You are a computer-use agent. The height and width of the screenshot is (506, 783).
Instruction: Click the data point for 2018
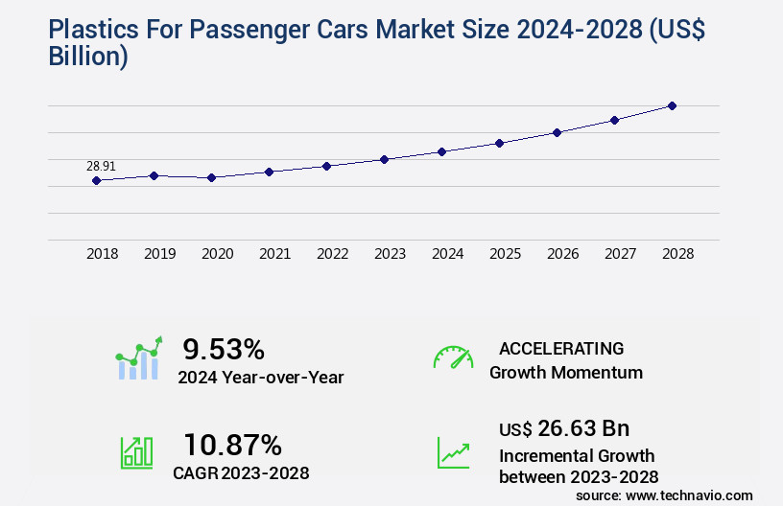[x=96, y=180]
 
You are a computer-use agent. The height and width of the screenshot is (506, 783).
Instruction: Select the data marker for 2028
[x=672, y=105]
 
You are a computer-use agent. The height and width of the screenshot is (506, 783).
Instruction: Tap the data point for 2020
[x=211, y=177]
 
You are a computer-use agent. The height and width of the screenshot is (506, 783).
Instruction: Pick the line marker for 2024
[x=441, y=151]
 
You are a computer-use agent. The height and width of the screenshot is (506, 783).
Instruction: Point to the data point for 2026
[x=557, y=132]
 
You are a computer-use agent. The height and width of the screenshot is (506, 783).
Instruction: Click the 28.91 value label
[x=101, y=166]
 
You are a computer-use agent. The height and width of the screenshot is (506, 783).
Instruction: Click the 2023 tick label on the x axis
[x=390, y=254]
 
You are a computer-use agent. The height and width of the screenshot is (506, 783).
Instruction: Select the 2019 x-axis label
[x=159, y=254]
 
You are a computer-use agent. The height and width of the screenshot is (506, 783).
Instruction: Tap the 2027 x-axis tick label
[x=620, y=254]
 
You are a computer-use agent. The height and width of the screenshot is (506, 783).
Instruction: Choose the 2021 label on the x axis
[x=274, y=254]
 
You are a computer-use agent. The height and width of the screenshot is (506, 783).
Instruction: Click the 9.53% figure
[x=224, y=348]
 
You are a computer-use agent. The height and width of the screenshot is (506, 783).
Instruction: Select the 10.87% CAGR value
[x=232, y=445]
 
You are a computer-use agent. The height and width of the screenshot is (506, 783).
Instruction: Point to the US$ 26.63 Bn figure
[x=564, y=427]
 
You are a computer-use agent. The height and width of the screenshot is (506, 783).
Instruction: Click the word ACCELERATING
[x=561, y=348]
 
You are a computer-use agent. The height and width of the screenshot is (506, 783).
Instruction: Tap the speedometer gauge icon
[x=453, y=357]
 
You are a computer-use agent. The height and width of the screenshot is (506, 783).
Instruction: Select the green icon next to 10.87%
[x=136, y=452]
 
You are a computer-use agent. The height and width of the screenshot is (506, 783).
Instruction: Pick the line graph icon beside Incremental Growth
[x=453, y=452]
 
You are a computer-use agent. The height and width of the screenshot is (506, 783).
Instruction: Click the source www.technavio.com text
[x=664, y=495]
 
